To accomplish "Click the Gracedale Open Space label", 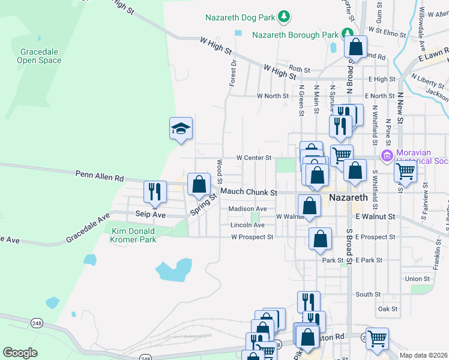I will point(39,56).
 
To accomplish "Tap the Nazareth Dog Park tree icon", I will point(286,16).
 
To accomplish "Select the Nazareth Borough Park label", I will point(295,35).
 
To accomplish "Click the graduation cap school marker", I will point(181,128).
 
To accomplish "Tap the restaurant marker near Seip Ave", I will point(154,191).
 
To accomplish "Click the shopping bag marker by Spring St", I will point(199,184).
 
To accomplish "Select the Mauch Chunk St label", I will point(249,192).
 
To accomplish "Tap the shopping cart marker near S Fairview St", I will point(405,172).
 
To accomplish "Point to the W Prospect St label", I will point(252,237).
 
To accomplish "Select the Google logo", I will point(20,353).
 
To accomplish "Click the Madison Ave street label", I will point(247,209).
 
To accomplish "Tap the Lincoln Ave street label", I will point(248,225).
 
